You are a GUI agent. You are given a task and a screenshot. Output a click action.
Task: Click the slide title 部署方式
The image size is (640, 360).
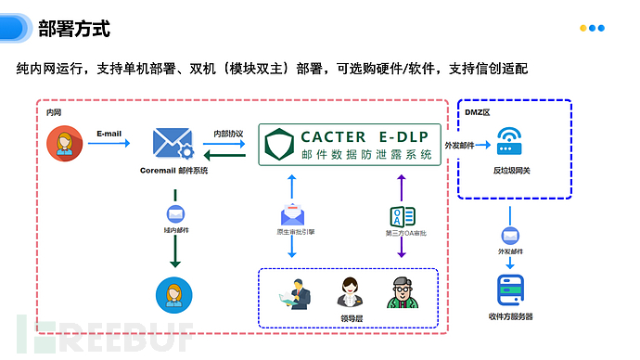click(x=74, y=29)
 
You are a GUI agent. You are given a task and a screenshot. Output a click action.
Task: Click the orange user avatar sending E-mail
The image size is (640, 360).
click(x=64, y=143)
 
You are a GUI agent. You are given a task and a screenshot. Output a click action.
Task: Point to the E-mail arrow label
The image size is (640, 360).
click(x=109, y=134)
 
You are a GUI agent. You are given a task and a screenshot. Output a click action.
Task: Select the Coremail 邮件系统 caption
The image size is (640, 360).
click(x=173, y=171)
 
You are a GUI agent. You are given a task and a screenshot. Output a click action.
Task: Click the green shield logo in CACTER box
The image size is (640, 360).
click(x=279, y=146)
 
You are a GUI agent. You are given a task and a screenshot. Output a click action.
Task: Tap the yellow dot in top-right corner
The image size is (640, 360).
click(x=582, y=28)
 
